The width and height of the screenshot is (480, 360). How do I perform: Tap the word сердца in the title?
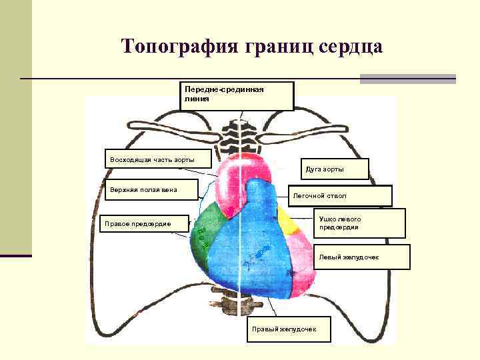pos(349,47)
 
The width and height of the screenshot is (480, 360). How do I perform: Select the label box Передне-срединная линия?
pos(237,95)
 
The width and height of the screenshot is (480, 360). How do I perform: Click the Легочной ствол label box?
pos(340,196)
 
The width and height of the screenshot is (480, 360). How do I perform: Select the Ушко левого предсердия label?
pos(359,223)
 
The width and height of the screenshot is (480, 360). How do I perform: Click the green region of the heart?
pos(207,230)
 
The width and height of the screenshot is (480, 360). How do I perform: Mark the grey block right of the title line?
pos(407,79)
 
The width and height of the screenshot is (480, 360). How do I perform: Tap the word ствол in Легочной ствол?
pos(336,196)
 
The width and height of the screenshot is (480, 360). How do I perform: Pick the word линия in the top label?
pos(197,99)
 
